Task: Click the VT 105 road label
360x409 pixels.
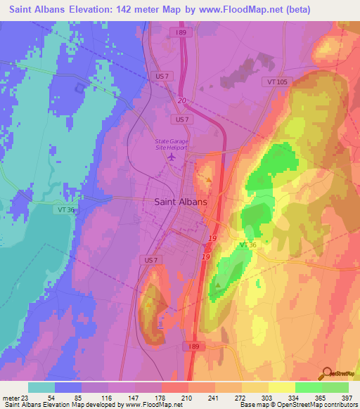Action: coord(278,82)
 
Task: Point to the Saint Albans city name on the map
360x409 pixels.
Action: coord(180,202)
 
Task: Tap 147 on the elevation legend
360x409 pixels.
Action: coord(135,398)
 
